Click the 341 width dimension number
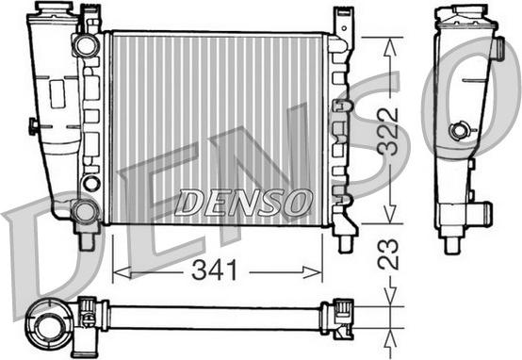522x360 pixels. [215, 270]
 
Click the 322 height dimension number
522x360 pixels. [388, 131]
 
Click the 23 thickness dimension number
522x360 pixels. [388, 254]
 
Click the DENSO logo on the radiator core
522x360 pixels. [243, 202]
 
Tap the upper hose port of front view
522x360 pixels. [87, 45]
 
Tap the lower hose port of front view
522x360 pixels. [85, 210]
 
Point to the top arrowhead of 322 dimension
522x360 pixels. [390, 47]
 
